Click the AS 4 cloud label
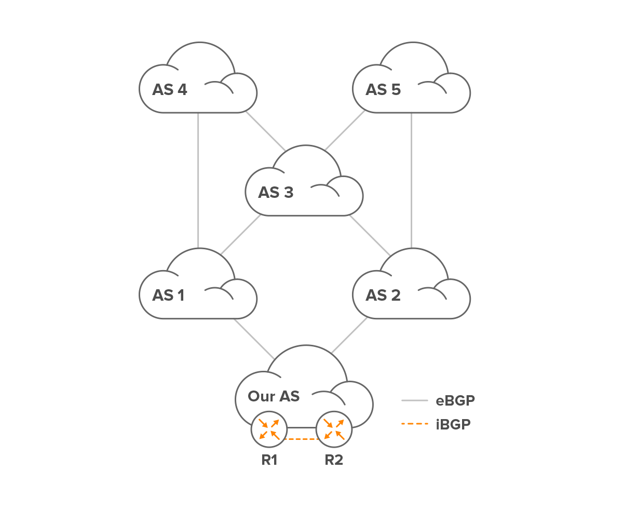click(170, 90)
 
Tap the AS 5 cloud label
click(383, 90)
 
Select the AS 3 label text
click(276, 193)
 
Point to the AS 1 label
click(168, 295)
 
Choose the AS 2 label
click(383, 295)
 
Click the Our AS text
click(274, 396)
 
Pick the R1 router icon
click(269, 429)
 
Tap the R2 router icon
click(334, 429)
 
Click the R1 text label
click(269, 460)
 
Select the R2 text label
click(334, 460)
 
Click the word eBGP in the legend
click(455, 400)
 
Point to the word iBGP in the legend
click(453, 424)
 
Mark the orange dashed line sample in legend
click(414, 424)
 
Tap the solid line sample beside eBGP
click(414, 400)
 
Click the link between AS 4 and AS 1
click(198, 179)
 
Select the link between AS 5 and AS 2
click(411, 179)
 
